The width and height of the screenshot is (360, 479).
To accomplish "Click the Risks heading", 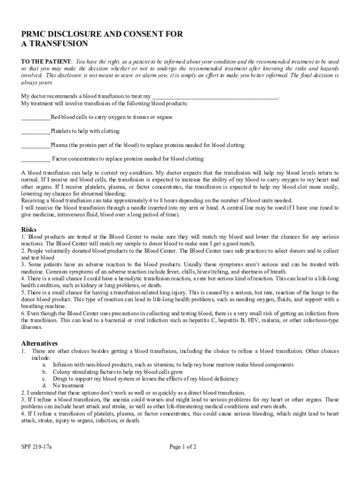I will pyautogui.click(x=29, y=230).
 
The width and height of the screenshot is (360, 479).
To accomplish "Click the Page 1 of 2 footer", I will pyautogui.click(x=183, y=447).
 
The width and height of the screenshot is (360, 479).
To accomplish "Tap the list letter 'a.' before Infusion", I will pyautogui.click(x=44, y=364).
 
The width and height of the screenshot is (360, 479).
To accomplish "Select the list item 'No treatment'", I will pyautogui.click(x=68, y=386).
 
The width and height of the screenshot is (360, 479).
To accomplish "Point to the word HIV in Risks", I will pyautogui.click(x=241, y=320).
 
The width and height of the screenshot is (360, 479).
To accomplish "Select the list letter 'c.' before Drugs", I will pyautogui.click(x=44, y=378).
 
